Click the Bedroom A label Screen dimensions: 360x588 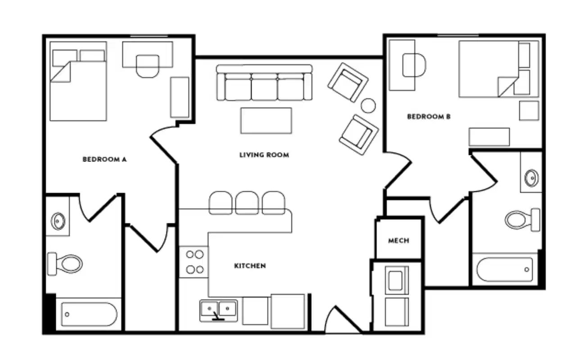point(104,159)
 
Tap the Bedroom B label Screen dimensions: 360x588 point(429,117)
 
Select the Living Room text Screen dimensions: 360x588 point(264,155)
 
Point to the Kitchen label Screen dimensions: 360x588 point(249,266)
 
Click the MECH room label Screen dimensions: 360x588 point(398,241)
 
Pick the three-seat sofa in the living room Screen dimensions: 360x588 point(264,83)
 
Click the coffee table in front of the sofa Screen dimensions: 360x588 point(266,121)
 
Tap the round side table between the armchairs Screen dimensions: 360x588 point(368,105)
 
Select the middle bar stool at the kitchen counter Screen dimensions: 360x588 point(247,203)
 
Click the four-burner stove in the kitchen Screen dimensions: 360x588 point(194,262)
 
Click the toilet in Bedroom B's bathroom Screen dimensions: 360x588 point(522,220)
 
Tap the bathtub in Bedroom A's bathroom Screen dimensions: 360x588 point(89,314)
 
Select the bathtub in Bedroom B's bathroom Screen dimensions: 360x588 point(505,270)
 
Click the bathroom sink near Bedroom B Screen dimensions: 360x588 point(531,177)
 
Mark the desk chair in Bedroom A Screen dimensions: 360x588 point(147,66)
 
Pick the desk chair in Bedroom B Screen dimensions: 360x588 point(414,65)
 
